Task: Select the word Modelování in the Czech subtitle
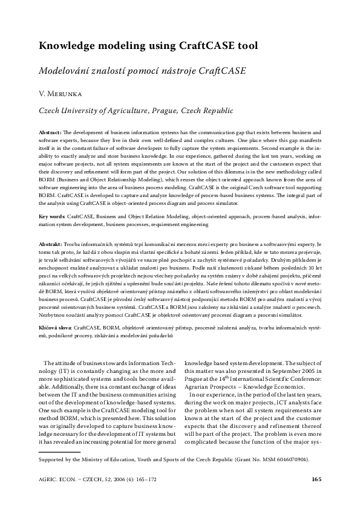click(x=67, y=70)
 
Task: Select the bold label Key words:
click(x=51, y=215)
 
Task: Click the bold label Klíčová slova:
click(x=55, y=326)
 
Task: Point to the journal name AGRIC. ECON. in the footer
click(x=60, y=480)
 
